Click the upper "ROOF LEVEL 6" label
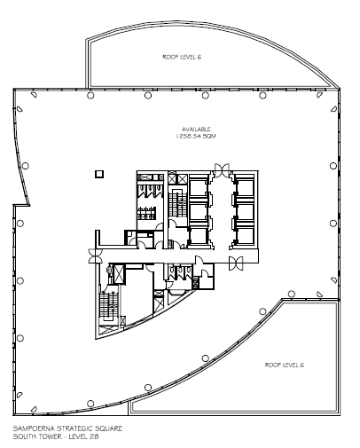182,57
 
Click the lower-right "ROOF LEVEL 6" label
284,365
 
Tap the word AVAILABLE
196,130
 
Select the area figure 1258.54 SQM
196,136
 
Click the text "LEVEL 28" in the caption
83,436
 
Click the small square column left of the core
99,174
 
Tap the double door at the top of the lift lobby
222,170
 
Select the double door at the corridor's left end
95,255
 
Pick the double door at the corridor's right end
236,263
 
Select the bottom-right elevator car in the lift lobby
245,236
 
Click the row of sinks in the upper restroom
146,213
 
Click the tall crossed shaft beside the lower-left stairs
120,274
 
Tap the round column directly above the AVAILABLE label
206,95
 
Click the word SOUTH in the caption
24,436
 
